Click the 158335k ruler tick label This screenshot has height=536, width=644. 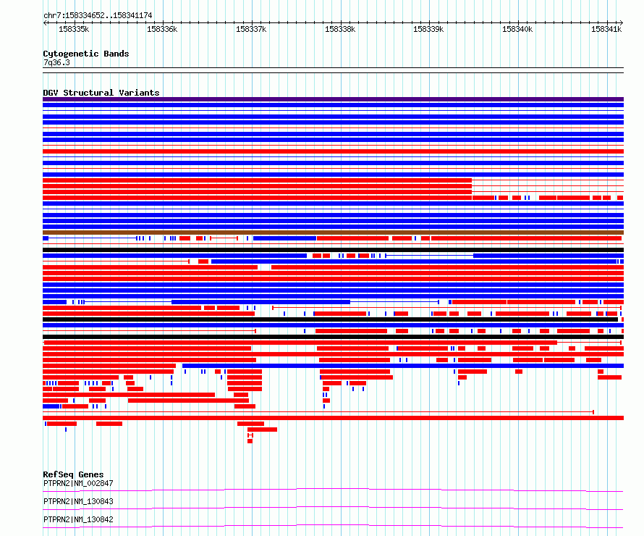click(x=74, y=29)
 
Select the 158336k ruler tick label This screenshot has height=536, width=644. click(x=162, y=29)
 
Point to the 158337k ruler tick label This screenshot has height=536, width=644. click(x=251, y=29)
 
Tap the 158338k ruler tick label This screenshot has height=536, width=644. click(x=340, y=29)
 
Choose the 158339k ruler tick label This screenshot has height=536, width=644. click(x=428, y=29)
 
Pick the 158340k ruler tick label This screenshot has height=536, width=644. click(x=517, y=29)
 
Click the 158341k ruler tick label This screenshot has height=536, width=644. click(x=606, y=29)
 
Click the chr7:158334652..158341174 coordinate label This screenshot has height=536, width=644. click(x=98, y=15)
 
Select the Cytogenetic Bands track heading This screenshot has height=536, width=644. click(x=86, y=54)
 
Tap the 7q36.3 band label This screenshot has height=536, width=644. click(x=56, y=62)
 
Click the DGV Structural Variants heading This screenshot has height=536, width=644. click(x=101, y=93)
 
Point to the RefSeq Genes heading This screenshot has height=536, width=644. click(x=73, y=474)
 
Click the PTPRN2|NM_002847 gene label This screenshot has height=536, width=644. click(x=78, y=483)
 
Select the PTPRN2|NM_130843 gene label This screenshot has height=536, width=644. click(x=78, y=501)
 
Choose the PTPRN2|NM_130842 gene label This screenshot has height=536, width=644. click(x=78, y=519)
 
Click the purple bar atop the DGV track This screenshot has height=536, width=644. click(x=333, y=99)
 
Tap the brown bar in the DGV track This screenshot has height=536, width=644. click(x=333, y=233)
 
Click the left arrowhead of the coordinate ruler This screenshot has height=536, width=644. click(x=44, y=23)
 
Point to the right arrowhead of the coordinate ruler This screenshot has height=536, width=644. click(x=622, y=23)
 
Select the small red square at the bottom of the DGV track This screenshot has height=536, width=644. click(x=250, y=441)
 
